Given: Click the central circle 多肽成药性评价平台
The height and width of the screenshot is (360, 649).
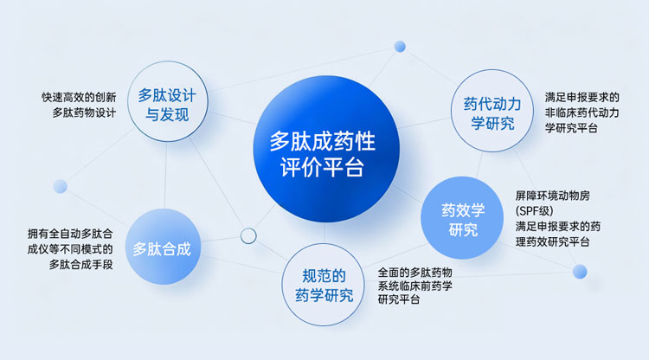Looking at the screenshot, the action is (x=326, y=149).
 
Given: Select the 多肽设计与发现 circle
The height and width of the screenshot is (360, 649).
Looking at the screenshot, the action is (x=167, y=101).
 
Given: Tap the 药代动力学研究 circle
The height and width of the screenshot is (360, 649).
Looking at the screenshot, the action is (x=492, y=111).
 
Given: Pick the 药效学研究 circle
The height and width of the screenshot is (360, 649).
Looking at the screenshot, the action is (x=462, y=218).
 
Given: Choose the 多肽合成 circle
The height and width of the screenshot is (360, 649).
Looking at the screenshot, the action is (x=163, y=247).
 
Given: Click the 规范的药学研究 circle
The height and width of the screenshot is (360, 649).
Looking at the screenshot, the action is (x=324, y=285).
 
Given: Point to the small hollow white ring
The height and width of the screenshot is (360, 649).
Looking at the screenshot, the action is (x=248, y=236).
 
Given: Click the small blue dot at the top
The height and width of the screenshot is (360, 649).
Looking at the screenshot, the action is (x=400, y=47).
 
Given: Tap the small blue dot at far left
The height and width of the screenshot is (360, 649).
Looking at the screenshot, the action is (x=61, y=186).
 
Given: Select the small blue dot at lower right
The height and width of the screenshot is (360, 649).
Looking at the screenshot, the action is (x=580, y=272).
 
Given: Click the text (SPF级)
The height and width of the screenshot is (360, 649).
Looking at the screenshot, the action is (x=535, y=211).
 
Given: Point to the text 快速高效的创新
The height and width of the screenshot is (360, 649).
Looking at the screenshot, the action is (x=79, y=97).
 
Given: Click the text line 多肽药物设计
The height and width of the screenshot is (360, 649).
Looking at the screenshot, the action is (x=84, y=112).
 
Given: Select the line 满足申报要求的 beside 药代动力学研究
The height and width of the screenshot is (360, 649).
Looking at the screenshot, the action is (x=582, y=97).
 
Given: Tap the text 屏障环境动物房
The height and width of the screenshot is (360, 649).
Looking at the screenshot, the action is (x=553, y=196).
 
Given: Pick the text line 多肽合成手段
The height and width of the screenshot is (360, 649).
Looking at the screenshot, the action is (x=81, y=265).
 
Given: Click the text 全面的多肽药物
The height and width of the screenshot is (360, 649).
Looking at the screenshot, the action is (x=414, y=273).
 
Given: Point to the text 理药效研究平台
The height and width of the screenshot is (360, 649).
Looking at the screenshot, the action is (x=553, y=241).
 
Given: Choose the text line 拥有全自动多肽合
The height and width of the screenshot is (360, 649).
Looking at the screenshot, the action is (x=70, y=234).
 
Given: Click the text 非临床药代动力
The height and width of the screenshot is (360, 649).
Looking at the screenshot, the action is (x=582, y=112).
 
